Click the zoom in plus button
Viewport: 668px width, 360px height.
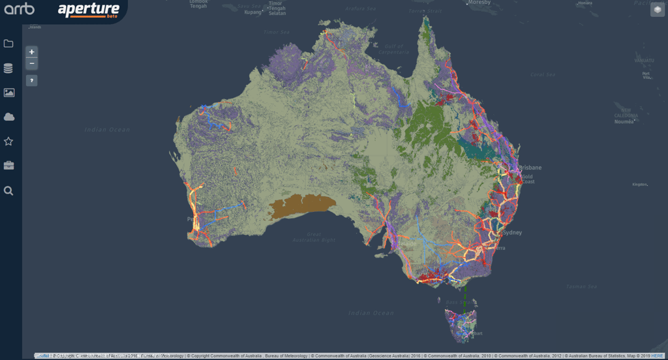click(x=32, y=52)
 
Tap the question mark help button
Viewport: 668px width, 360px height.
click(x=32, y=80)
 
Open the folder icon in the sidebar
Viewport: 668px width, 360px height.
click(x=8, y=44)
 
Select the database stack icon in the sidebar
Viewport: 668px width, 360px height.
click(x=8, y=68)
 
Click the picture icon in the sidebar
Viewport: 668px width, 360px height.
click(x=8, y=93)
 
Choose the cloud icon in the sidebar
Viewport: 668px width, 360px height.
click(x=8, y=117)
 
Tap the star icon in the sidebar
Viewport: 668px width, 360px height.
click(x=8, y=142)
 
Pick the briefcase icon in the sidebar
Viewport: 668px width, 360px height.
click(x=8, y=166)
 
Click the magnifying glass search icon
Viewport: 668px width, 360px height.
click(x=8, y=190)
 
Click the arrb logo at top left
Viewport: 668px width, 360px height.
click(x=20, y=9)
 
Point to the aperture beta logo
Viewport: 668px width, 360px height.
click(x=89, y=10)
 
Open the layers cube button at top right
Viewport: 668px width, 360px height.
click(x=657, y=9)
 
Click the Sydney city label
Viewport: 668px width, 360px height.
click(x=512, y=232)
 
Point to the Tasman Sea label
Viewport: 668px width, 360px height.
click(x=583, y=286)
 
